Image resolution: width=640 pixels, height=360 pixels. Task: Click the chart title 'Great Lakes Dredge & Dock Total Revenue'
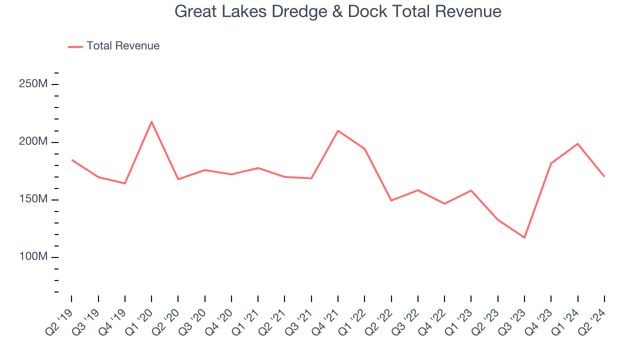click(x=337, y=11)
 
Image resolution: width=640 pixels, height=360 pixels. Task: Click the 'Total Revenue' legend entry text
click(x=123, y=46)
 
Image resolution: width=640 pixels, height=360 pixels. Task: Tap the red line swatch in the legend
click(x=75, y=46)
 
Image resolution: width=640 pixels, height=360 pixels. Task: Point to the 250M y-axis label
click(x=33, y=84)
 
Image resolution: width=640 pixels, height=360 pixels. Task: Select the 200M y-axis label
click(x=33, y=142)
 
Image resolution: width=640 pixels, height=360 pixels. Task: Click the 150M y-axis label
click(x=33, y=199)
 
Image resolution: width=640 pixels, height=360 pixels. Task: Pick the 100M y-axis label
click(x=33, y=257)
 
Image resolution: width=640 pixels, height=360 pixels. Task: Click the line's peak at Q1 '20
click(x=151, y=121)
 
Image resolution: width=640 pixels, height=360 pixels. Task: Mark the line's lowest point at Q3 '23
click(x=524, y=237)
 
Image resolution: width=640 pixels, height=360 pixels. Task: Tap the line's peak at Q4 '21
click(x=338, y=130)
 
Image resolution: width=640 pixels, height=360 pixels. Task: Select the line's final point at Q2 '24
click(x=604, y=176)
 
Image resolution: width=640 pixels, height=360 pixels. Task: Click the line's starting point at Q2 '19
click(x=72, y=160)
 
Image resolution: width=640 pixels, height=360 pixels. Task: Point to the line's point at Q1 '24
click(x=577, y=143)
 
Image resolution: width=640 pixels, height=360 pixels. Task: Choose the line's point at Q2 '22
click(x=391, y=200)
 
